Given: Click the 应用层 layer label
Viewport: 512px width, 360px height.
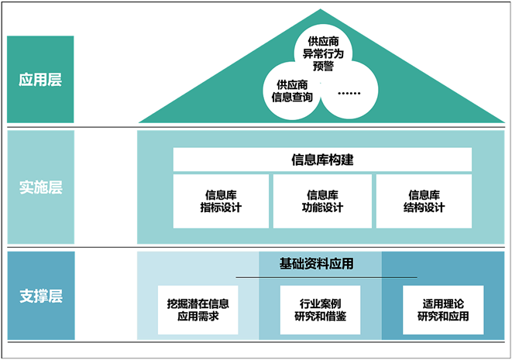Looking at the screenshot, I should click(x=40, y=79).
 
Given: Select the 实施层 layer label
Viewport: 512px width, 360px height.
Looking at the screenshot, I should click(x=40, y=187).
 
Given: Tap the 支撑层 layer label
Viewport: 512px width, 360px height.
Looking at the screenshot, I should click(x=40, y=296).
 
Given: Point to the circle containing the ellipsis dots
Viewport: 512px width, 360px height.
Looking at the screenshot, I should click(x=349, y=93).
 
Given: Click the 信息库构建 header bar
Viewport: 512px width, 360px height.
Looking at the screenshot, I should click(x=322, y=160).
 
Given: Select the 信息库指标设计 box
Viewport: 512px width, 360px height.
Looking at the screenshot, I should click(x=221, y=201).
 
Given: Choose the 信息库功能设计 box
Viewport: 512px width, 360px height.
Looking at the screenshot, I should click(x=322, y=201).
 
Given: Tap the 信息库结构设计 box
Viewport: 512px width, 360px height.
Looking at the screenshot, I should click(x=424, y=201).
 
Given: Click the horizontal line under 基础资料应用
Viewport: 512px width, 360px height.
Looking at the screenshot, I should click(x=325, y=276).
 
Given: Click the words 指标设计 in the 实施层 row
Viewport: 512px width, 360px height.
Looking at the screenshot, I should click(x=221, y=207).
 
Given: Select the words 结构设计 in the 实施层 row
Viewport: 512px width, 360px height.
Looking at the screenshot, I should click(x=424, y=207).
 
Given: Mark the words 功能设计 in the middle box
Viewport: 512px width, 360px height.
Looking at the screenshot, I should click(x=322, y=207).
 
